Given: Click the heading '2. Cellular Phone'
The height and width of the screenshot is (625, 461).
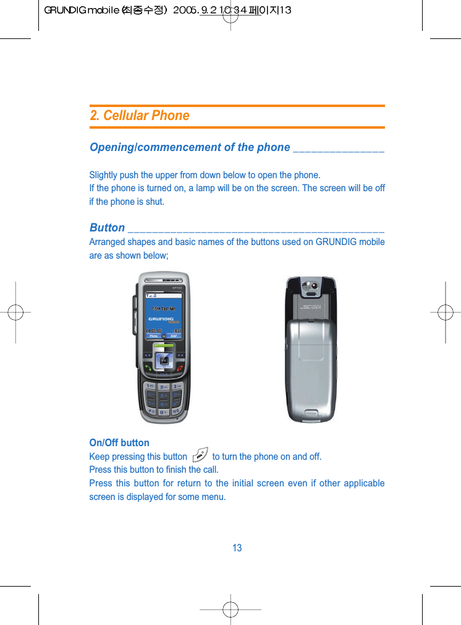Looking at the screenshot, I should (140, 116).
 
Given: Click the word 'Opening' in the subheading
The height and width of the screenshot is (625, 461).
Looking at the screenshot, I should (112, 147).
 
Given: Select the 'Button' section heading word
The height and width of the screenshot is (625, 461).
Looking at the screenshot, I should (107, 228).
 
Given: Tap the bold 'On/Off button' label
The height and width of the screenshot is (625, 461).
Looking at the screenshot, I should (119, 443).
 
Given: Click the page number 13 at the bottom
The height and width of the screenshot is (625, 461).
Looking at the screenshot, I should (237, 548).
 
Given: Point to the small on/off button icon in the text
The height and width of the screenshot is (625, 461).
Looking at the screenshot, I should (200, 457).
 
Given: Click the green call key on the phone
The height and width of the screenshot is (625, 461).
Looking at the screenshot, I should (148, 368).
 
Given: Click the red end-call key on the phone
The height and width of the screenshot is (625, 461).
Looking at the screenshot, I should (180, 368).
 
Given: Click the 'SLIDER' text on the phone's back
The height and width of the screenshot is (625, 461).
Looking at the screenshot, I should (311, 308).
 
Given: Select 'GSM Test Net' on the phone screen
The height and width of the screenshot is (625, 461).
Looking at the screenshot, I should (164, 308).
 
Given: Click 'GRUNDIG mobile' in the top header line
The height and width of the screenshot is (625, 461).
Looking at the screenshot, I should (80, 11).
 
